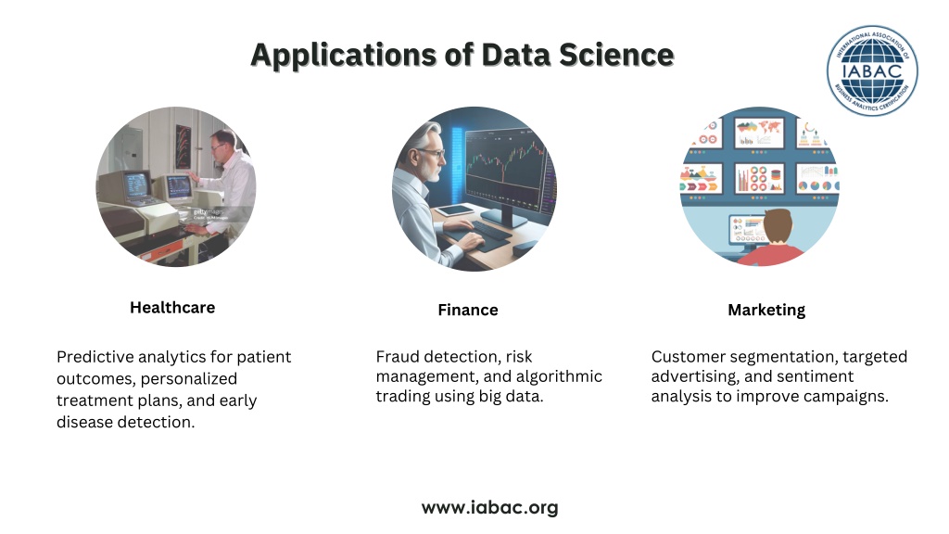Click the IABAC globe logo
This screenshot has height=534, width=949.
tap(872, 70)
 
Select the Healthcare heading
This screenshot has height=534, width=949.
tap(172, 308)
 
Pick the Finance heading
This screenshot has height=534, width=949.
tap(468, 310)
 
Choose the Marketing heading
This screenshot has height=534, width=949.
tap(766, 310)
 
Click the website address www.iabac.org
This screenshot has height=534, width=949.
tap(489, 507)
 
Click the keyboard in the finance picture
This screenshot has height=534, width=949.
tap(489, 230)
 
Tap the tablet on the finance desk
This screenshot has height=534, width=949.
tap(455, 210)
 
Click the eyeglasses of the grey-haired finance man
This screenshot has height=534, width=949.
tap(432, 153)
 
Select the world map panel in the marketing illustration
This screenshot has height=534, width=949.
tap(759, 133)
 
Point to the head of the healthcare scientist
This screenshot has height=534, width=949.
tap(224, 143)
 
